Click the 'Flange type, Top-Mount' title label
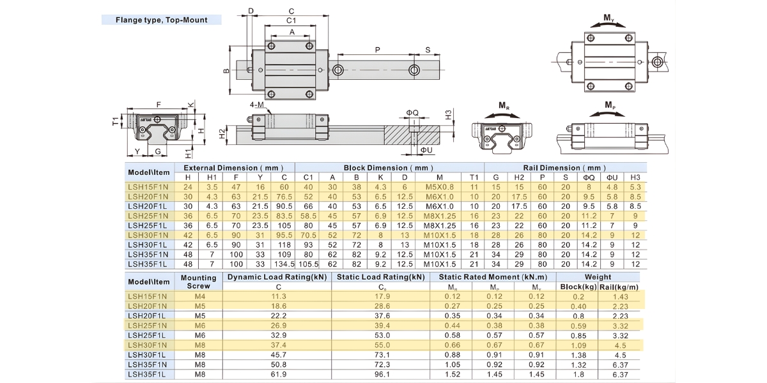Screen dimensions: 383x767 point(161,20)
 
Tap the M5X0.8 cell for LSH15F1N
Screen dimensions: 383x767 point(439,186)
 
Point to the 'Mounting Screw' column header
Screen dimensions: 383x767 point(198,282)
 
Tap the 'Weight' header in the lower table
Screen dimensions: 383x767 point(598,277)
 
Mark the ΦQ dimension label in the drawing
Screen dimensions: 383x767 point(412,113)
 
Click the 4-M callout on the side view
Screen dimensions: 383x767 point(258,104)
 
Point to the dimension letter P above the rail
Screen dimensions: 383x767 point(377,50)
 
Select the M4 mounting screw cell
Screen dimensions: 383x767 point(198,296)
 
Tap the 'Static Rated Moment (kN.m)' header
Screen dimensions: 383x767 point(493,277)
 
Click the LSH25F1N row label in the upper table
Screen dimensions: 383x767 point(148,216)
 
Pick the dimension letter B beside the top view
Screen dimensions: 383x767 point(226,71)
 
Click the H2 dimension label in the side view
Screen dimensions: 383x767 point(222,133)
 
